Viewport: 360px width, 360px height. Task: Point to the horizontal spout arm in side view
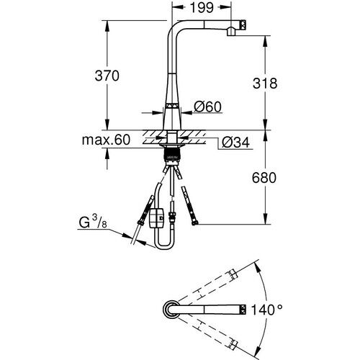205,27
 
